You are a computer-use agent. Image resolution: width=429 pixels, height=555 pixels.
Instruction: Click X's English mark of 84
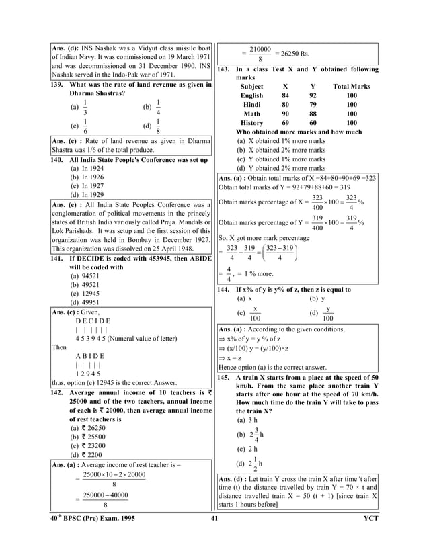click(x=285, y=96)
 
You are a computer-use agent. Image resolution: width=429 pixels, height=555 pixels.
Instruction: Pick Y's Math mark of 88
click(x=313, y=114)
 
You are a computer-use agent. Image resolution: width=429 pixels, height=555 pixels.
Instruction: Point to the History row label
click(x=252, y=123)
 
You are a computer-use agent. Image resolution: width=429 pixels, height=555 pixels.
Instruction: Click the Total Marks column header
click(x=352, y=87)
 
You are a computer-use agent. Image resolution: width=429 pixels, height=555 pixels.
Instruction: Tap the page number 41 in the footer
click(x=214, y=519)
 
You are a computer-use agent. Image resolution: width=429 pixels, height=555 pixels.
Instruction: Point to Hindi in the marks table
click(x=252, y=105)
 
